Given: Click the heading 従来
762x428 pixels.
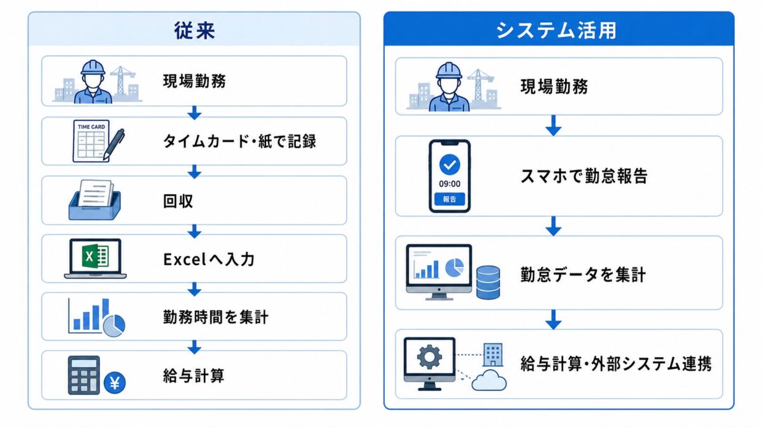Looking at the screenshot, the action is [x=194, y=30].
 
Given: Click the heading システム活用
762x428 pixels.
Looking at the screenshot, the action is [x=556, y=30].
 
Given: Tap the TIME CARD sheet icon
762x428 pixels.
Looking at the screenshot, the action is [x=91, y=141].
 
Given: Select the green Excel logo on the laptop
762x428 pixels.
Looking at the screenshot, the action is [x=95, y=256].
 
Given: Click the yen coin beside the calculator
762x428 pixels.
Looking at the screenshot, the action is [x=115, y=383].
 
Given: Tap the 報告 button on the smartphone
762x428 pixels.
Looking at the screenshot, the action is [x=450, y=199].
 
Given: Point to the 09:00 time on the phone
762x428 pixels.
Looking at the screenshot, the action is [x=450, y=184].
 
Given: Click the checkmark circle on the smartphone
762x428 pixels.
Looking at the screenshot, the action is [x=450, y=165].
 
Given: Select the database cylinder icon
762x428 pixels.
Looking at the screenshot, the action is [x=488, y=282].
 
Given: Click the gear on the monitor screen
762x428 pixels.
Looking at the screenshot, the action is [x=429, y=356].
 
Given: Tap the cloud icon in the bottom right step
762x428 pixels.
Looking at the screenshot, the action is [x=489, y=380].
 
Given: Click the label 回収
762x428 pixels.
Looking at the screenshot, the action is [x=178, y=201].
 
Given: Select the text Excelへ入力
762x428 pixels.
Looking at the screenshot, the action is [x=209, y=259].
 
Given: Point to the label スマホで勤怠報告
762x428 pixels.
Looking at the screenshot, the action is [x=584, y=176].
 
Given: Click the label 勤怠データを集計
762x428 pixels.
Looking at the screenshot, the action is [x=583, y=275].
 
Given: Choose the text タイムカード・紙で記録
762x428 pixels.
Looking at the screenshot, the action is [x=239, y=141].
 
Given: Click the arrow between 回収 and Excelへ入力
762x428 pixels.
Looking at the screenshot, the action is [x=194, y=231].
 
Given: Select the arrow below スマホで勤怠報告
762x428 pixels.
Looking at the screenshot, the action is [x=554, y=226].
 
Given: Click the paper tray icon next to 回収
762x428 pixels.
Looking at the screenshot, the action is [x=95, y=200].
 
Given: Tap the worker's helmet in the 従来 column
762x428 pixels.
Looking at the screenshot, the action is [x=93, y=67].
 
